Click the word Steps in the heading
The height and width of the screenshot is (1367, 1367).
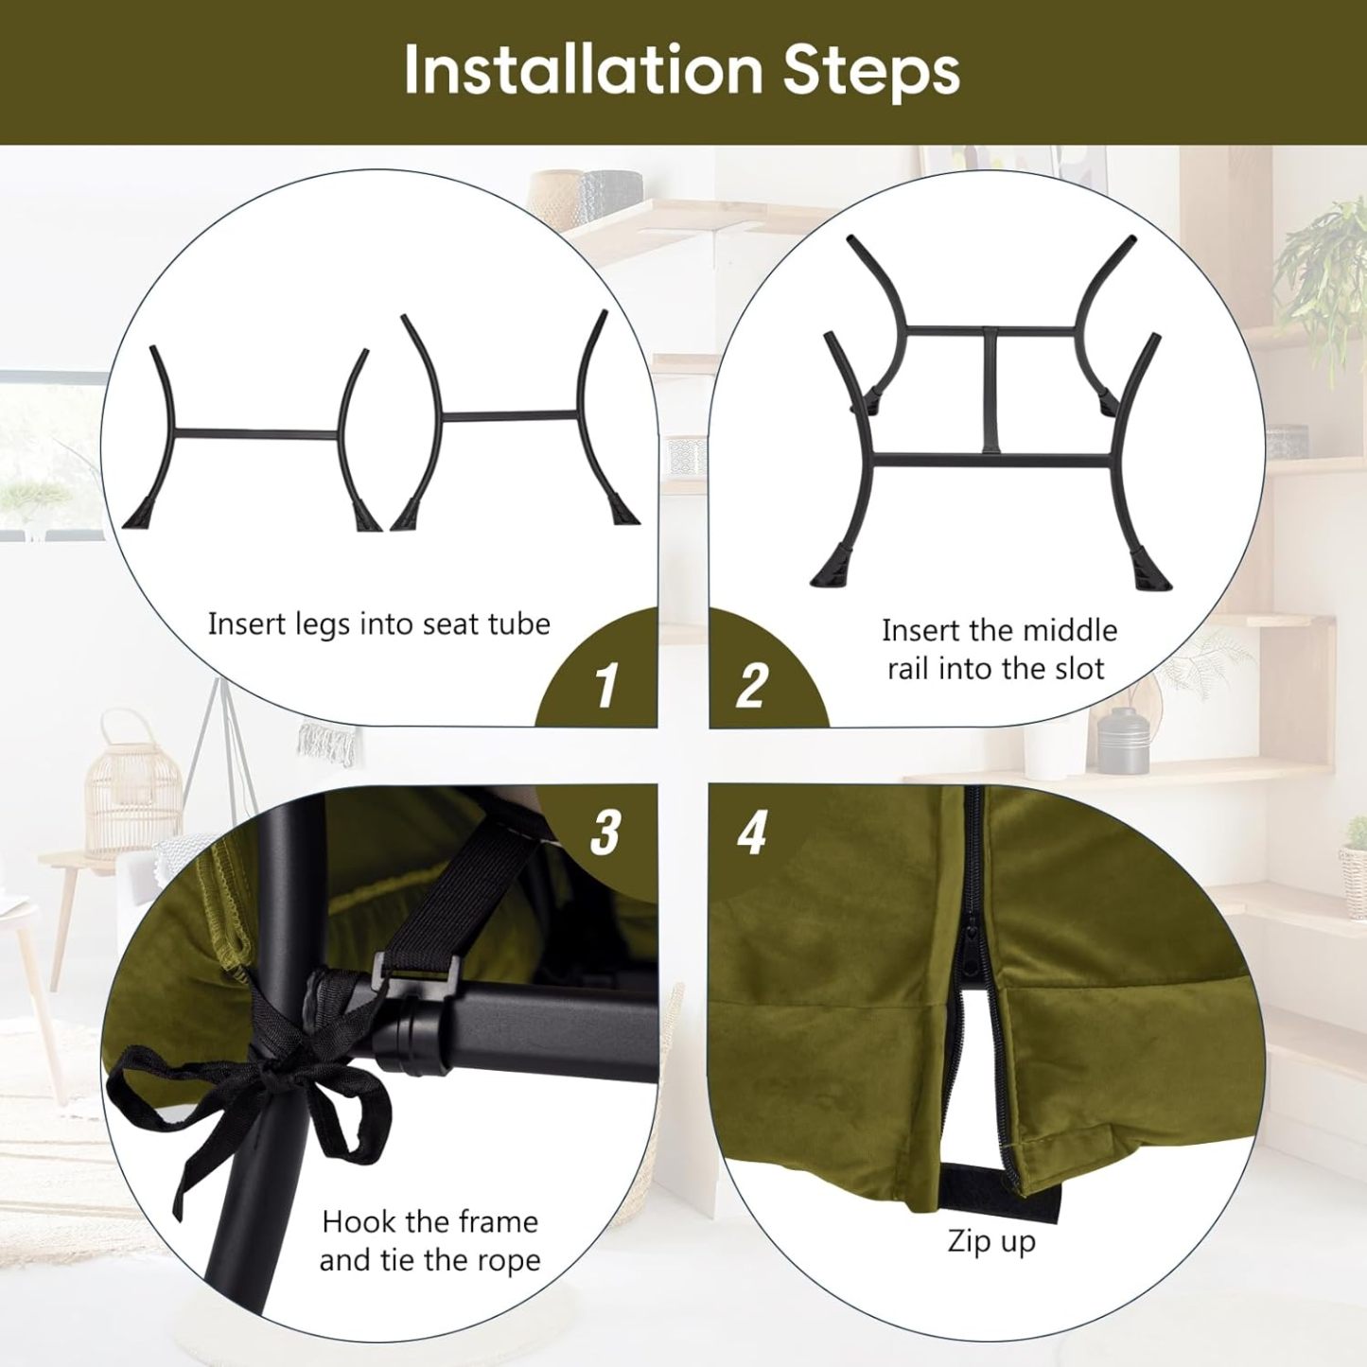[872, 72]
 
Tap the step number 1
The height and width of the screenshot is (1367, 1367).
[605, 685]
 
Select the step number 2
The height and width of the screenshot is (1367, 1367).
[751, 685]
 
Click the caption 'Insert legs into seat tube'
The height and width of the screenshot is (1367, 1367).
[378, 625]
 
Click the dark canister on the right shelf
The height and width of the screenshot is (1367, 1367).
[1122, 742]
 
